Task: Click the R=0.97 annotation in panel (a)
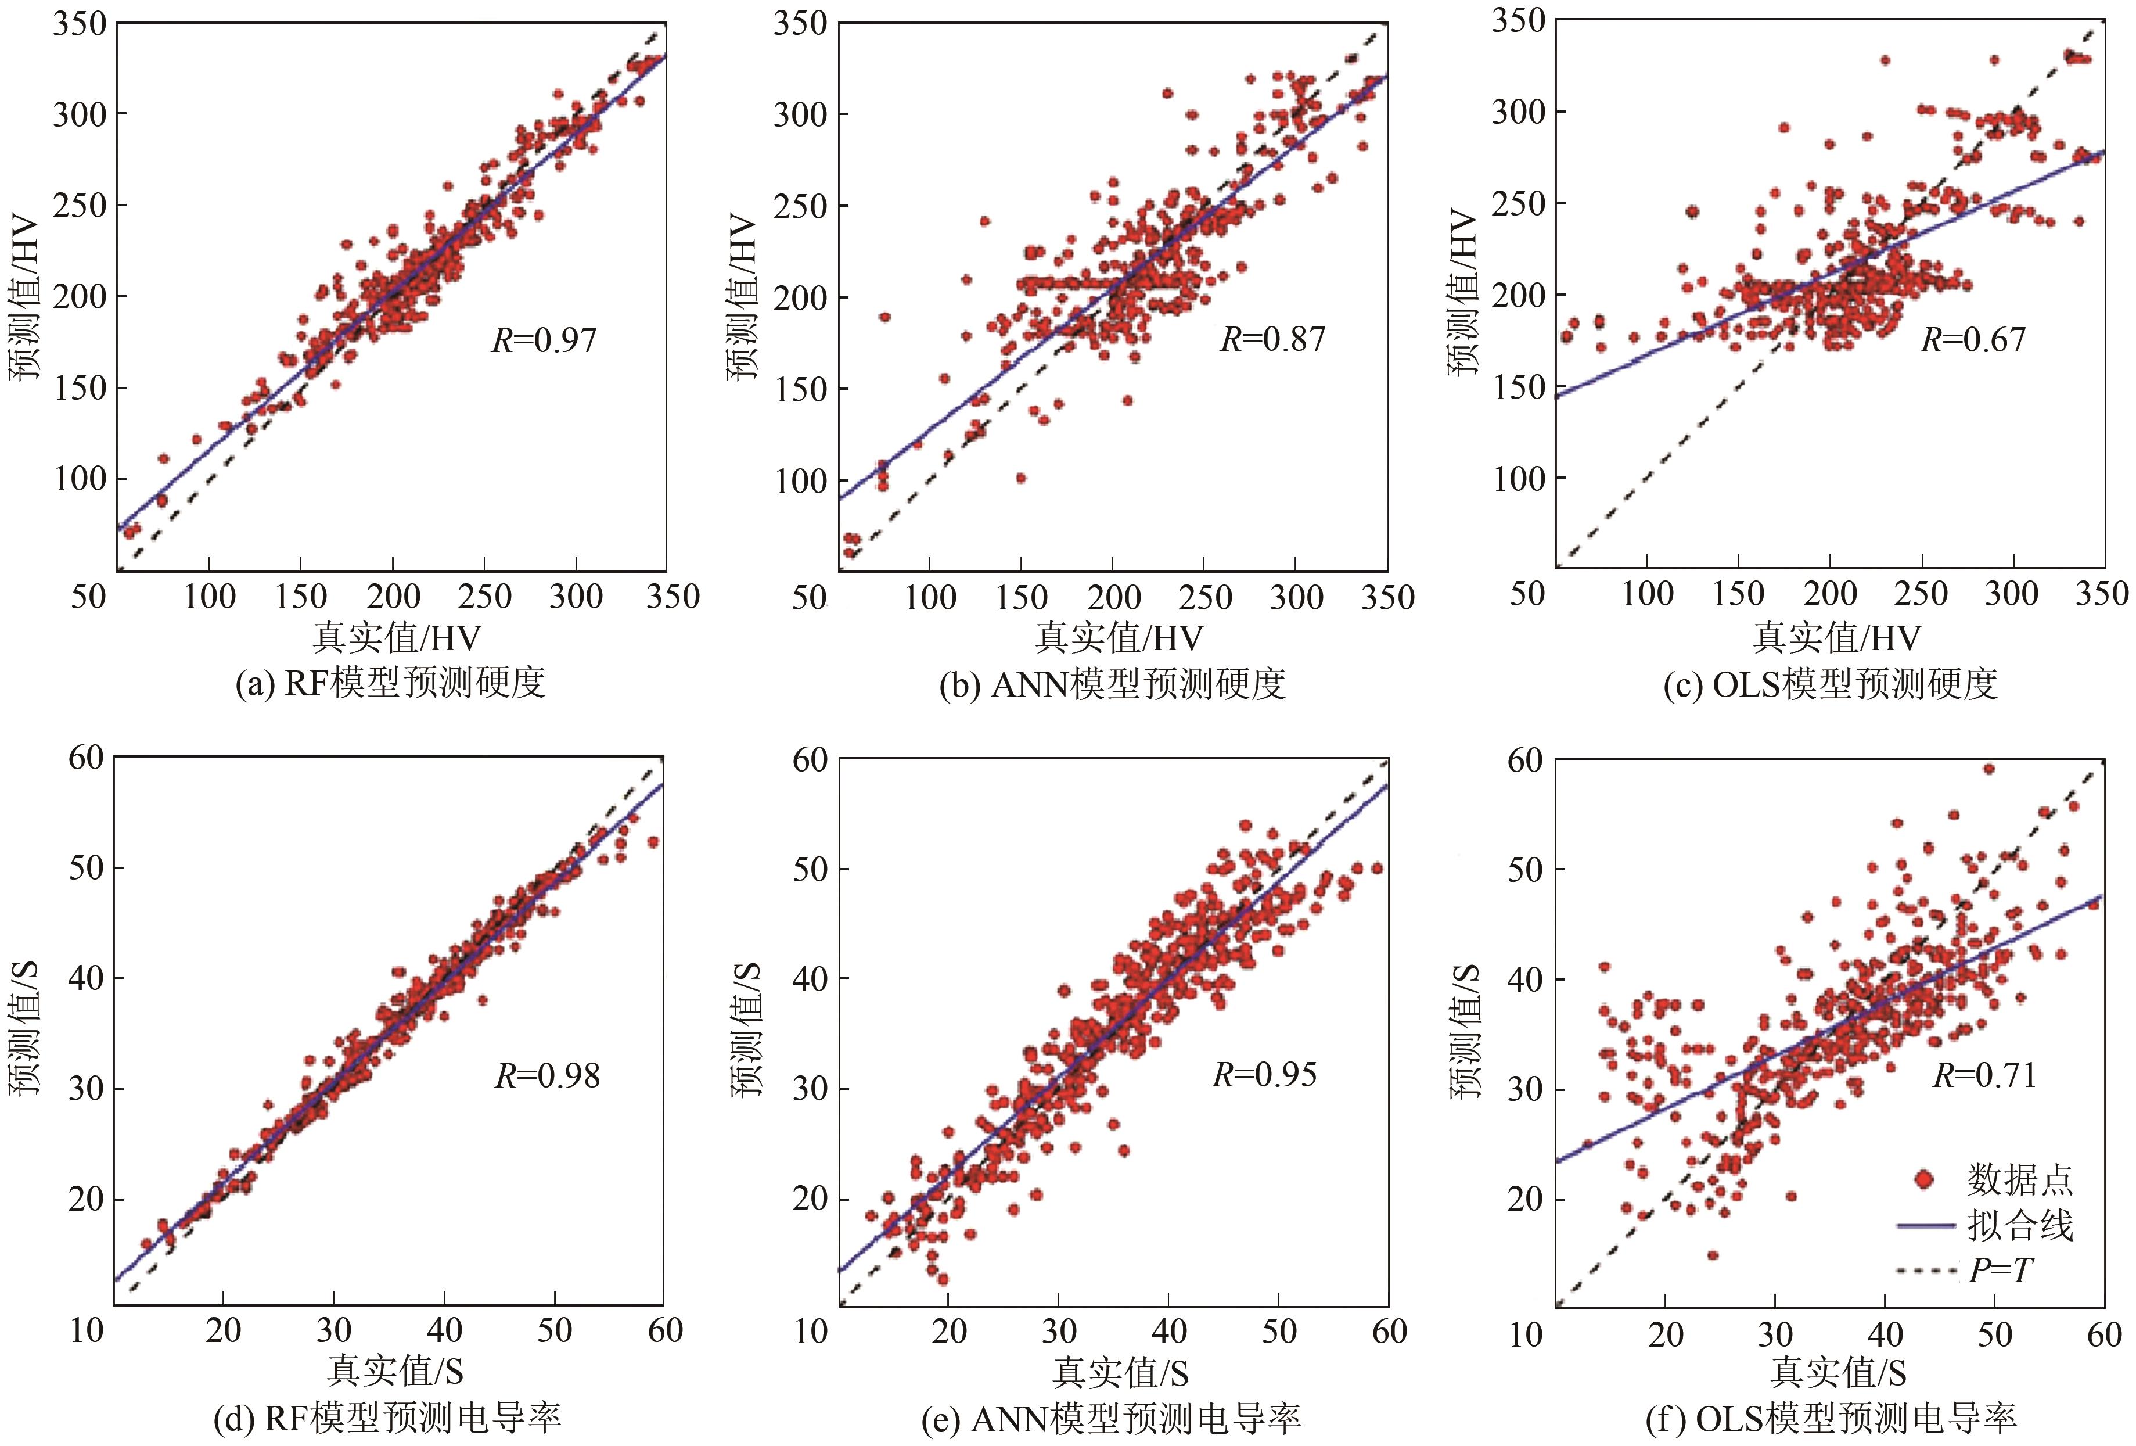(x=544, y=340)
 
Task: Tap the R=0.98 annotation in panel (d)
(x=547, y=1075)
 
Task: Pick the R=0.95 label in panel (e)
(x=1265, y=1074)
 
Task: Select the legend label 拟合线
(x=2020, y=1225)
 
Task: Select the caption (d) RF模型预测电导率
(x=387, y=1419)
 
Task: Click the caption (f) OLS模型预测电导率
(x=1831, y=1419)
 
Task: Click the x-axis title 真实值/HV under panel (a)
(x=396, y=637)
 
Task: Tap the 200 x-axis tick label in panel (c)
(x=1829, y=594)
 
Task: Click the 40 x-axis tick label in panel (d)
(x=444, y=1330)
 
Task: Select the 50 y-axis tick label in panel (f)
(x=1525, y=869)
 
